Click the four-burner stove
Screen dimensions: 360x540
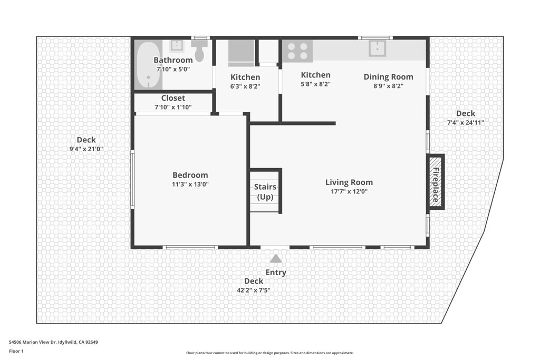(297, 51)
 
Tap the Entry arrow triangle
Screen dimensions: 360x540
(275, 258)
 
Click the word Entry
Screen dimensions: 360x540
(276, 273)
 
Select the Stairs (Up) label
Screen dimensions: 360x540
(265, 192)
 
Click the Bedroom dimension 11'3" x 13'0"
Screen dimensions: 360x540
(190, 184)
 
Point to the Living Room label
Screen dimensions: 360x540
(349, 182)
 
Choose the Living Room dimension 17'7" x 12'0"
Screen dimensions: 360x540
(349, 192)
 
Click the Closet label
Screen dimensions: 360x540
(173, 98)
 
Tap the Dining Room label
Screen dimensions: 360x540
(388, 76)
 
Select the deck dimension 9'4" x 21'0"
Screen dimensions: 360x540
(86, 149)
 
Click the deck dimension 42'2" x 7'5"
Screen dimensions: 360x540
(254, 290)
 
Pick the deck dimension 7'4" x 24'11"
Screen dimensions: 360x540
(465, 123)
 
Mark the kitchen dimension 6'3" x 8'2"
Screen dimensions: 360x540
(245, 86)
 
